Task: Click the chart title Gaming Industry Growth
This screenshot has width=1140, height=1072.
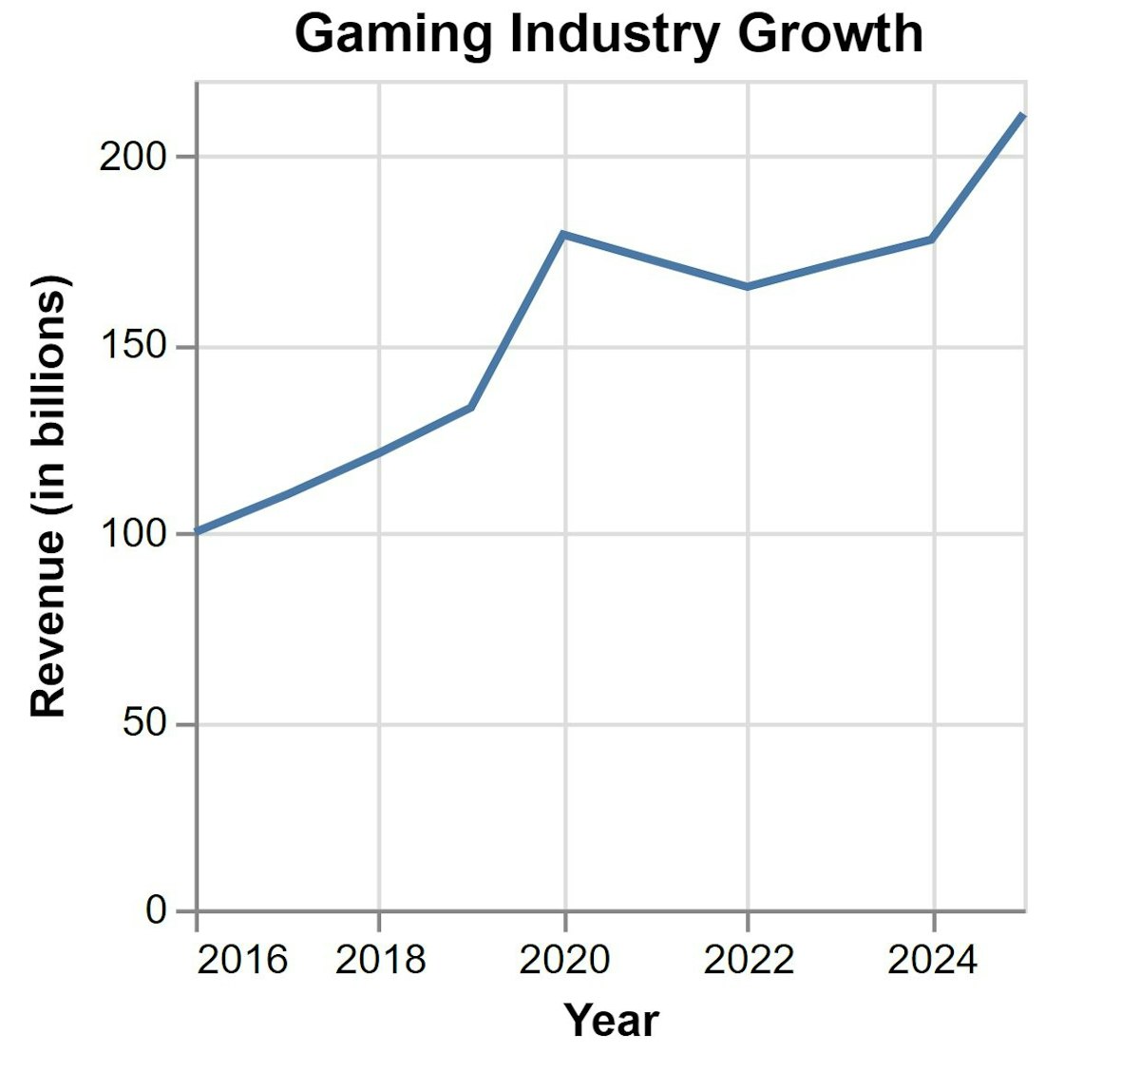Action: coord(608,34)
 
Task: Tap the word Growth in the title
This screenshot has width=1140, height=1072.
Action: coord(829,34)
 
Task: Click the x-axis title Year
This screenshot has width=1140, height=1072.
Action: coord(611,1020)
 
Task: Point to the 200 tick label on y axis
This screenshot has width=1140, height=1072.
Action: coord(133,157)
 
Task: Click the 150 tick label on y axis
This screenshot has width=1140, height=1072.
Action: coord(133,347)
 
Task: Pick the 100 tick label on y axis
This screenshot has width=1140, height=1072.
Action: coord(133,534)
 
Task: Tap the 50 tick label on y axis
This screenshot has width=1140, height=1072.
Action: coord(144,724)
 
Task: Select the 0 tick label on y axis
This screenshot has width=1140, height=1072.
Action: coord(156,910)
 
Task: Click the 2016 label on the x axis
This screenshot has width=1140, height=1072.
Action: coord(241,960)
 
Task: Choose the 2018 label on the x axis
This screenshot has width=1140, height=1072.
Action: coord(380,960)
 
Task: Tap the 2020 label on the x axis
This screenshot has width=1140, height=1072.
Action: coord(564,960)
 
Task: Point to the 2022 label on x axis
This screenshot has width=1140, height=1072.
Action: coord(749,960)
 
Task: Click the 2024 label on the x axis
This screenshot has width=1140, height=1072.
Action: coord(932,960)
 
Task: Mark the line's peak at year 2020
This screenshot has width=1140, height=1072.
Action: coord(564,234)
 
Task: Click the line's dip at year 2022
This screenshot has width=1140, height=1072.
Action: coord(748,286)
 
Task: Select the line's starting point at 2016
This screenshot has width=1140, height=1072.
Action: coord(198,531)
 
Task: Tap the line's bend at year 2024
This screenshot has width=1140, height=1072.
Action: coord(932,239)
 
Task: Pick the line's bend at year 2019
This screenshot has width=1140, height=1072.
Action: coord(471,407)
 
